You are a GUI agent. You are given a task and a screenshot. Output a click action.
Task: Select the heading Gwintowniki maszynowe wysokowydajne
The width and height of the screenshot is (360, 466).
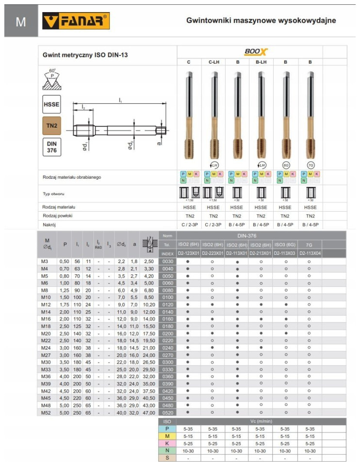coord(261,20)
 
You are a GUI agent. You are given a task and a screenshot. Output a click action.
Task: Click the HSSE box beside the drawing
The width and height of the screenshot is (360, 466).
coord(52,104)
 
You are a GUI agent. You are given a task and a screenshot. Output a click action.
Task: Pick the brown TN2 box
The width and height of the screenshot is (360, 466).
coord(52,125)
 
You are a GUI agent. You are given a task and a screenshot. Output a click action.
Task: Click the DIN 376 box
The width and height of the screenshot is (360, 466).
coord(52,147)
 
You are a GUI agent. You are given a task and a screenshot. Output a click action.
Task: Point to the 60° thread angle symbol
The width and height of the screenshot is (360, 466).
coord(51,79)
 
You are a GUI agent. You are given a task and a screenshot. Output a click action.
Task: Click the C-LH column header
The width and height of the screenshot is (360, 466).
coord(213,62)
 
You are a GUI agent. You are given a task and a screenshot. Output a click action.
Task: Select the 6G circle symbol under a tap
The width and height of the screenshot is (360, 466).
coord(285,165)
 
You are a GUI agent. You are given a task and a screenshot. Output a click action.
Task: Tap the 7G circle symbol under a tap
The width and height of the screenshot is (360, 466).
coord(310,165)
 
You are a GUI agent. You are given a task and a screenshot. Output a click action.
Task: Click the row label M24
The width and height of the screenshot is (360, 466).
coord(44,349)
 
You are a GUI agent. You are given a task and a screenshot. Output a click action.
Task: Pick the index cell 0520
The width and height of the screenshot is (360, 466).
coord(167,412)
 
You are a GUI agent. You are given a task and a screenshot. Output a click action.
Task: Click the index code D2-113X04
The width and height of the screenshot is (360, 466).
coord(310,253)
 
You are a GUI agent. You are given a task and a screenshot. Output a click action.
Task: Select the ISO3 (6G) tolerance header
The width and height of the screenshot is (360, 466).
coord(285,244)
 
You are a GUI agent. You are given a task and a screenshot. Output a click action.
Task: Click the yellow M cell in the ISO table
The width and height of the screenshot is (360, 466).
coord(167,435)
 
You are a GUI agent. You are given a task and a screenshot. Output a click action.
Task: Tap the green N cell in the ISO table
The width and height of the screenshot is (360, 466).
coord(167,450)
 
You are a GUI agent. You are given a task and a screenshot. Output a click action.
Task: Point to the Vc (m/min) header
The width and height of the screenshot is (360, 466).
coord(261,421)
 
